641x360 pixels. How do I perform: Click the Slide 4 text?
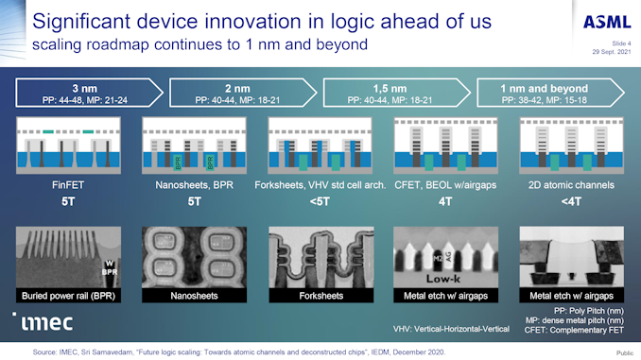[x=615, y=42]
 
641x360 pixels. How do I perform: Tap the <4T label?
[x=564, y=201]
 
